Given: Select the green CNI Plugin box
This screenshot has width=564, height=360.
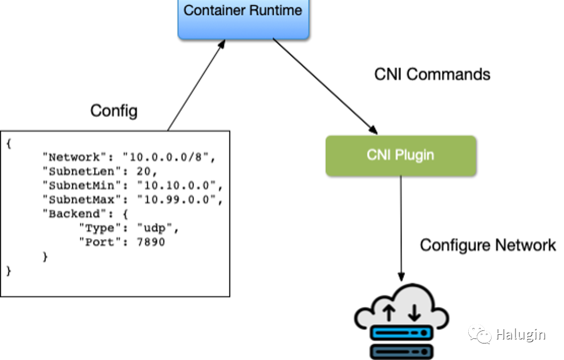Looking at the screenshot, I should point(400,155).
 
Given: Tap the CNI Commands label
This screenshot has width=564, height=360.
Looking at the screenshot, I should point(432,74).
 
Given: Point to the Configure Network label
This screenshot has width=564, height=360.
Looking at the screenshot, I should point(488,245).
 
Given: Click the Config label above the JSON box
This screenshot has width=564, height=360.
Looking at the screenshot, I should point(114,110).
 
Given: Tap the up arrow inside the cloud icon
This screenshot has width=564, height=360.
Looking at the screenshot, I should point(389,312).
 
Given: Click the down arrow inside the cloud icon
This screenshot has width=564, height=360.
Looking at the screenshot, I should point(414,312).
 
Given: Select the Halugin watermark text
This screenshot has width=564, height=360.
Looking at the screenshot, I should point(520,335).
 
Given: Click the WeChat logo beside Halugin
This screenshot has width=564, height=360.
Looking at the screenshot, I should point(479,334).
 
